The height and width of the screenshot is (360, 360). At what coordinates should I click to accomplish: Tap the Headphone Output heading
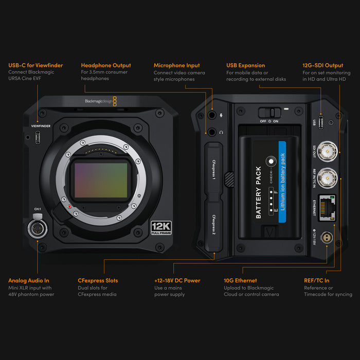pyautogui.click(x=106, y=65)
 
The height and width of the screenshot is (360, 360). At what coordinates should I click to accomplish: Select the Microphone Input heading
pyautogui.click(x=176, y=65)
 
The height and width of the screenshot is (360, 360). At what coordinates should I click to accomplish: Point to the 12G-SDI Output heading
pyautogui.click(x=322, y=65)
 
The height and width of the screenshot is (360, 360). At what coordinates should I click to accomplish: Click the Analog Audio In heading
pyautogui.click(x=29, y=280)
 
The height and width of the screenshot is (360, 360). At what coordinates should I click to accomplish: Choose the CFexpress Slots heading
pyautogui.click(x=98, y=280)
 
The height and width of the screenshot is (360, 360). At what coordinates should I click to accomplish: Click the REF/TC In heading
pyautogui.click(x=316, y=280)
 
